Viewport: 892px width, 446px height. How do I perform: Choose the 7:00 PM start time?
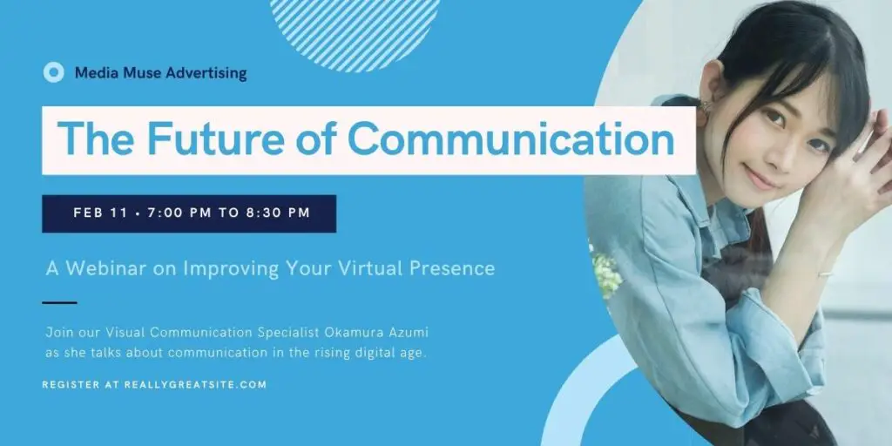pos(179,213)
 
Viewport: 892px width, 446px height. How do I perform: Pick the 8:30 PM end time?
pos(278,213)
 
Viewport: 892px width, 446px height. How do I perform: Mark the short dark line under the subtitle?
pos(59,302)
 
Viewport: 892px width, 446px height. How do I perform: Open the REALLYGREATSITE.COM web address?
pos(195,385)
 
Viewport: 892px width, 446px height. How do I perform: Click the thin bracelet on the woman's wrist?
pos(826,274)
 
